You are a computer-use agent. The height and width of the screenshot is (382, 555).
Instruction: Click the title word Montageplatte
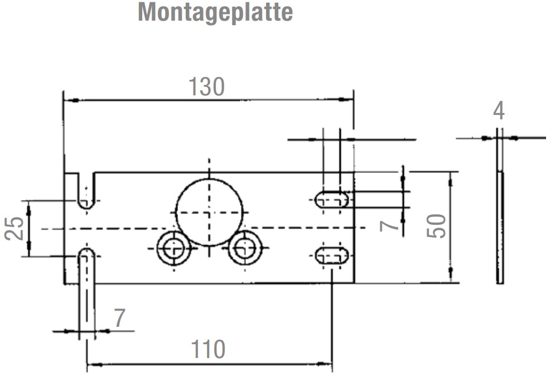[215, 12]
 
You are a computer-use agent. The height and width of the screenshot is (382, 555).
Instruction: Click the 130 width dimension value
[206, 87]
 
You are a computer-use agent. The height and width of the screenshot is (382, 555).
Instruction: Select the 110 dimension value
[208, 350]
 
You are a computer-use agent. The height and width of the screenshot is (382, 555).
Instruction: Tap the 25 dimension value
[15, 228]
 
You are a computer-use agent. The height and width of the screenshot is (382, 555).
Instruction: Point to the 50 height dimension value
[437, 226]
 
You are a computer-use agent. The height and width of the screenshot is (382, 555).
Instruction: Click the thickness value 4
[499, 111]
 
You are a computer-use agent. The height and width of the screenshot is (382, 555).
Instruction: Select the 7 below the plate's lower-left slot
[119, 318]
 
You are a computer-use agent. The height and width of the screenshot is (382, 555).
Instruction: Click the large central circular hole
[210, 212]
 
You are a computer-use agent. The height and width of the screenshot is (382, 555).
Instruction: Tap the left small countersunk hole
[174, 248]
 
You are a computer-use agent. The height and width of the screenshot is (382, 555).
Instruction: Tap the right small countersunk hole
[245, 248]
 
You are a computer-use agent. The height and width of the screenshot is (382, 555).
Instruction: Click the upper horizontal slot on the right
[332, 200]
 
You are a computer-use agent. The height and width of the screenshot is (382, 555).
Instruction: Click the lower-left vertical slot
[86, 290]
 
